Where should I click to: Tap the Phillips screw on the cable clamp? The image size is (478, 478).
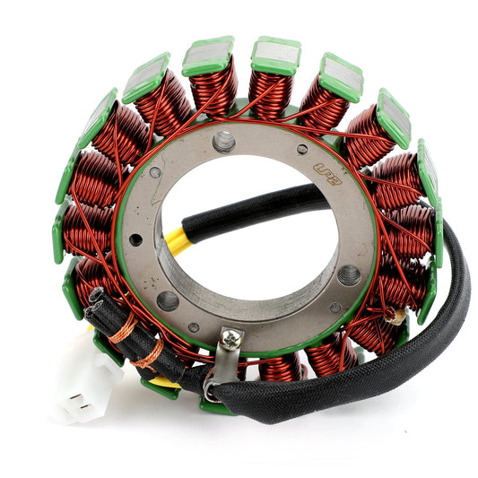click(232, 339)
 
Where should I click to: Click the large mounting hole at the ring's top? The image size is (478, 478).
click(223, 141)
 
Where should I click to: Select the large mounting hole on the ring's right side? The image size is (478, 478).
click(349, 275)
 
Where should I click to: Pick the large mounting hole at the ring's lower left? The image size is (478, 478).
click(168, 301)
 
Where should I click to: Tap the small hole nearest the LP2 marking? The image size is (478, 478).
click(302, 149)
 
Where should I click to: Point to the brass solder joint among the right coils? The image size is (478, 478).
click(392, 316)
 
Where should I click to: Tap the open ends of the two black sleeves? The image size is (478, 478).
click(94, 301)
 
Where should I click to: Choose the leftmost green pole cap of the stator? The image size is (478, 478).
click(59, 233)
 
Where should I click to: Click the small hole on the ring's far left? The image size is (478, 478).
click(135, 239)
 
